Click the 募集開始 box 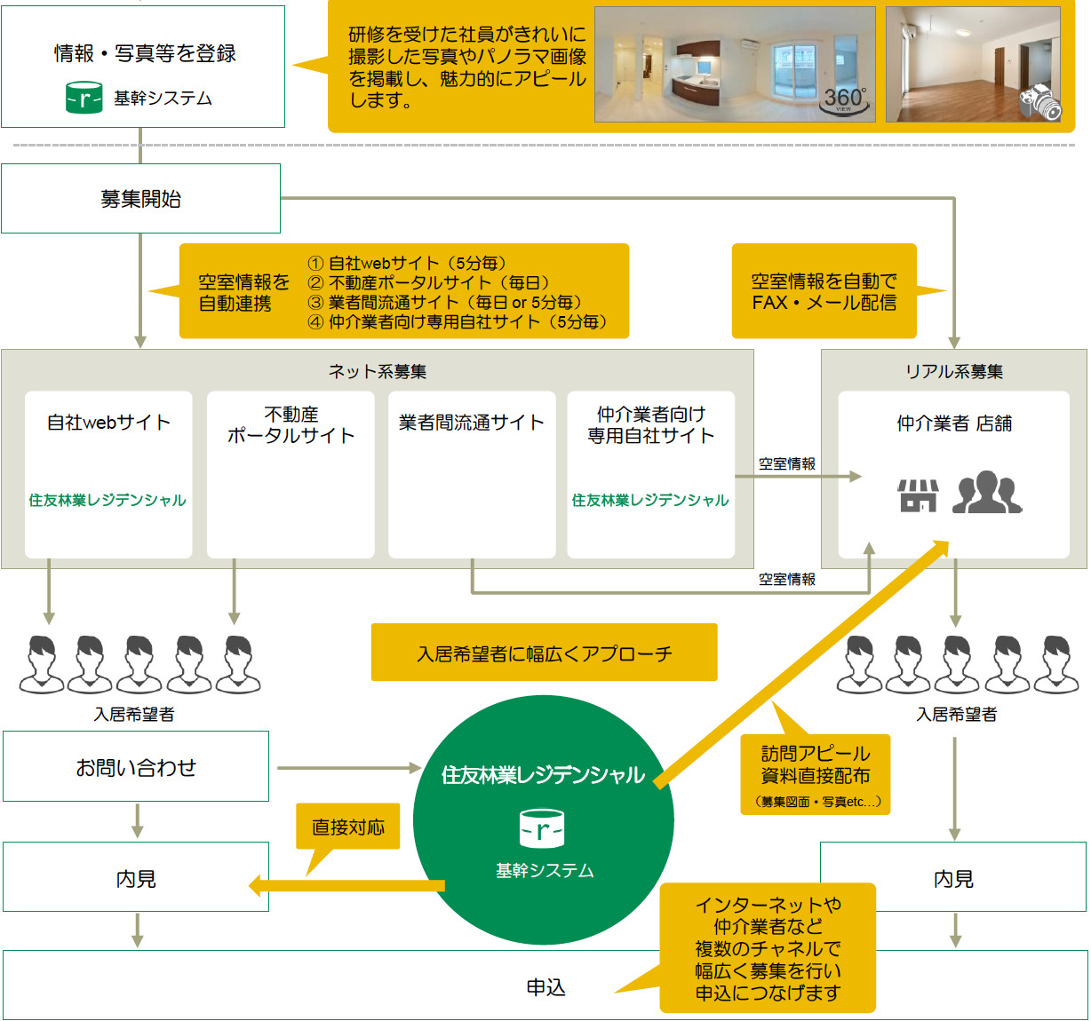(140, 199)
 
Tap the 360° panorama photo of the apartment (735, 64)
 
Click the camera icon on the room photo (1040, 103)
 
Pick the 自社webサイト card (108, 474)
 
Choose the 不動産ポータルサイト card (291, 474)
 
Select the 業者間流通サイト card (472, 474)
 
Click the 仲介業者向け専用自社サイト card (651, 474)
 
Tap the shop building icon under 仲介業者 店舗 (918, 495)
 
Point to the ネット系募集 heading (378, 372)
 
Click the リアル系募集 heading (953, 372)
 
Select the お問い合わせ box (136, 767)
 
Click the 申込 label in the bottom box (545, 987)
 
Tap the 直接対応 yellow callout (348, 827)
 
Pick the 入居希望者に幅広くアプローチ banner (544, 653)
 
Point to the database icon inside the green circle (543, 829)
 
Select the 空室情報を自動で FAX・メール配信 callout (824, 291)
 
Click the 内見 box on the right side (953, 878)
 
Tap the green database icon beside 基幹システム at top (84, 98)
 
